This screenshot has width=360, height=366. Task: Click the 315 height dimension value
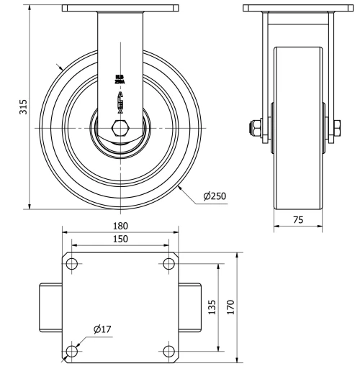point(23,108)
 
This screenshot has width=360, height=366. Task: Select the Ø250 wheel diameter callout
point(215,196)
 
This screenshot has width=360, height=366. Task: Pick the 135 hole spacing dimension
point(211,308)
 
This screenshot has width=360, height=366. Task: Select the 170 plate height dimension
point(230,307)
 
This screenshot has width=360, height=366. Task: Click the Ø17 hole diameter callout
point(102,330)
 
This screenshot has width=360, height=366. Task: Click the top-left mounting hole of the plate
point(73,263)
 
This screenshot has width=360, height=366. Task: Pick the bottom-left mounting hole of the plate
point(73,351)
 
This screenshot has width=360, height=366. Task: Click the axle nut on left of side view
point(255,130)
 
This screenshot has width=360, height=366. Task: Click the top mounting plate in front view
point(120,9)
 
